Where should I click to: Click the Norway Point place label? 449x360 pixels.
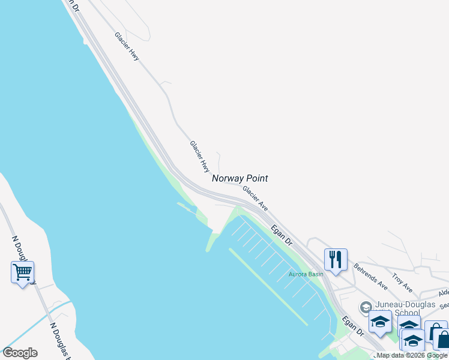pyautogui.click(x=240, y=178)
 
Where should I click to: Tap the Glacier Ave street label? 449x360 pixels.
pyautogui.click(x=255, y=198)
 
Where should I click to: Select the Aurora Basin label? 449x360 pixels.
pyautogui.click(x=306, y=274)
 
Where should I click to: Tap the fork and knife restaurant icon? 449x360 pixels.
pyautogui.click(x=335, y=260)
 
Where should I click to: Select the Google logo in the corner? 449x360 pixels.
pyautogui.click(x=20, y=353)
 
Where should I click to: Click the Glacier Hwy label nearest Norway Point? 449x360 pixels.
pyautogui.click(x=199, y=155)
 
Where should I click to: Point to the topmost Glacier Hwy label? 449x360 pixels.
pyautogui.click(x=127, y=46)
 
